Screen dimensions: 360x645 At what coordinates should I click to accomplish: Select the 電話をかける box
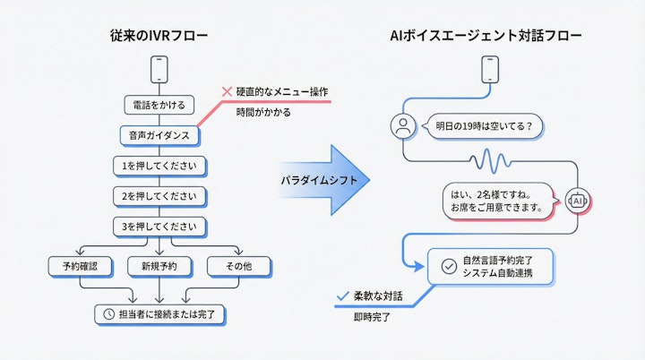pyautogui.click(x=158, y=106)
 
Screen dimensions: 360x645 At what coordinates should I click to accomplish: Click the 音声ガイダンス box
pyautogui.click(x=159, y=136)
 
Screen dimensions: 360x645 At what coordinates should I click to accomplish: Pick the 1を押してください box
pyautogui.click(x=159, y=166)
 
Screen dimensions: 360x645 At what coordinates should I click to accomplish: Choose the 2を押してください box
pyautogui.click(x=159, y=196)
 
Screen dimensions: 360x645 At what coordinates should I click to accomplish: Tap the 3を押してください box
pyautogui.click(x=159, y=227)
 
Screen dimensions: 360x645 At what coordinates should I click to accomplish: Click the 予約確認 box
pyautogui.click(x=79, y=266)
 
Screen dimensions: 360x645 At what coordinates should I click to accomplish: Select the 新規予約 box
pyautogui.click(x=159, y=266)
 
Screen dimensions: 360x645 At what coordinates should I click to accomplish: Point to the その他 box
pyautogui.click(x=236, y=266)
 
